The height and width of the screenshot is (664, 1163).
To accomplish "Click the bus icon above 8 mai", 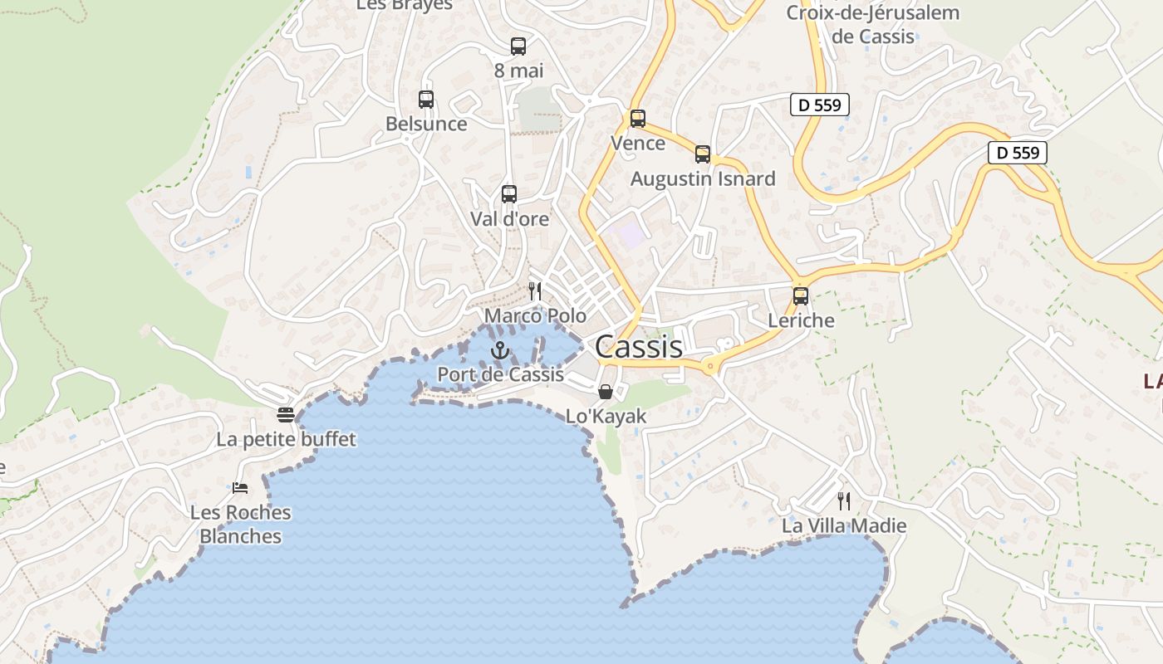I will (518, 46).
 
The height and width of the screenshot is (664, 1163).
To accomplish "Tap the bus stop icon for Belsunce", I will (426, 100).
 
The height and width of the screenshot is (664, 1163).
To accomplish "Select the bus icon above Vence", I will (638, 119).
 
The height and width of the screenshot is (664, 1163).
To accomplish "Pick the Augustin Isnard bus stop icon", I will (703, 154).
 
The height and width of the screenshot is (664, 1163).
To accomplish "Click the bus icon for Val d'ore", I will (509, 194).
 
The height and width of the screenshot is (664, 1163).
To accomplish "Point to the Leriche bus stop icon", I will (801, 296).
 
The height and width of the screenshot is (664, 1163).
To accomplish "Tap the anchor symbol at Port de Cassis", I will (499, 350).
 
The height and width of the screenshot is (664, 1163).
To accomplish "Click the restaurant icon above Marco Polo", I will (535, 291).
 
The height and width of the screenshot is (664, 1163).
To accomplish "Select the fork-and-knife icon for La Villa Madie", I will (844, 501).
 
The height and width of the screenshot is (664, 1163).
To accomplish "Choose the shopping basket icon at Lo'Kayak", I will (606, 392).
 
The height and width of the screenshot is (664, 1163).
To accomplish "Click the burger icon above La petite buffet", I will (286, 414).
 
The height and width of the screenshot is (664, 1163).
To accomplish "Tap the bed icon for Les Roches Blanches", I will (241, 488).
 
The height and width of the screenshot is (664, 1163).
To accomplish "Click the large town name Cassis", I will (639, 347).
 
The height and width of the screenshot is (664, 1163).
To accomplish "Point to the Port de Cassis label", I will (500, 374).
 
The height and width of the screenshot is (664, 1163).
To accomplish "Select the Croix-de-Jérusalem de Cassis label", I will (873, 25).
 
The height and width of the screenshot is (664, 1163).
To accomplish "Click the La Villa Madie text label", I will (844, 526).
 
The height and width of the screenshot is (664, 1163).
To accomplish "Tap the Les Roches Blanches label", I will (241, 525).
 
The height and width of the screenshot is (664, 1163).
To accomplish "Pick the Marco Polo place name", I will (535, 316).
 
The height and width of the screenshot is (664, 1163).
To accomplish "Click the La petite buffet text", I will (286, 439).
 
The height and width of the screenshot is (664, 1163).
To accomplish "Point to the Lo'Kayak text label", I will (606, 417).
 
